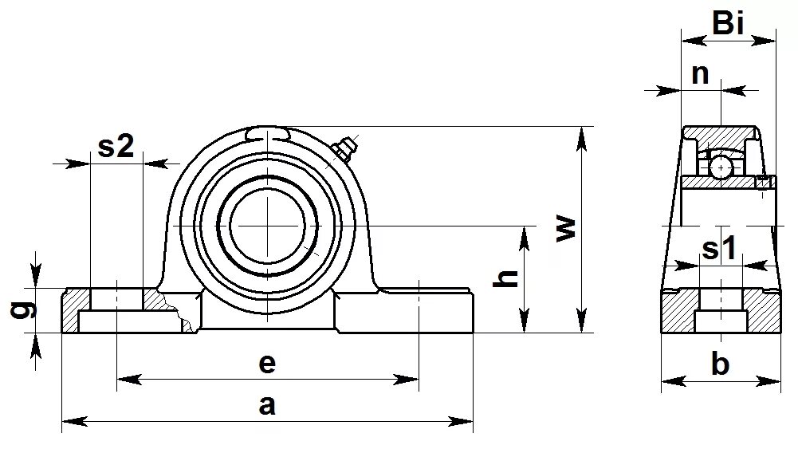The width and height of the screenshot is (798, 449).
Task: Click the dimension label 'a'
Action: click(x=267, y=405)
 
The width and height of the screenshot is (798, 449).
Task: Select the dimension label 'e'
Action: click(x=267, y=364)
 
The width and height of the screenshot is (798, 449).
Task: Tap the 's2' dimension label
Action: click(x=116, y=146)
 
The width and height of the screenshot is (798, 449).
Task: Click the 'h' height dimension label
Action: click(x=508, y=277)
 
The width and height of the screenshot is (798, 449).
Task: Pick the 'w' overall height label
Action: click(x=564, y=229)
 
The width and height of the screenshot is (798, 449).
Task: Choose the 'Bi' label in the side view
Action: click(x=728, y=24)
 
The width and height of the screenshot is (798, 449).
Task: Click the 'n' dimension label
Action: click(x=700, y=73)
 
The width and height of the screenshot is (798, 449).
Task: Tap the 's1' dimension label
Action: click(x=718, y=250)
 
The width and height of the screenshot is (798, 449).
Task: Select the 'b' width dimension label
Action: click(x=720, y=365)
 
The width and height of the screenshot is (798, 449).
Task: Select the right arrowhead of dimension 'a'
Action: click(x=466, y=419)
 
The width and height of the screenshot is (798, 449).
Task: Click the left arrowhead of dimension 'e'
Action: click(x=124, y=379)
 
